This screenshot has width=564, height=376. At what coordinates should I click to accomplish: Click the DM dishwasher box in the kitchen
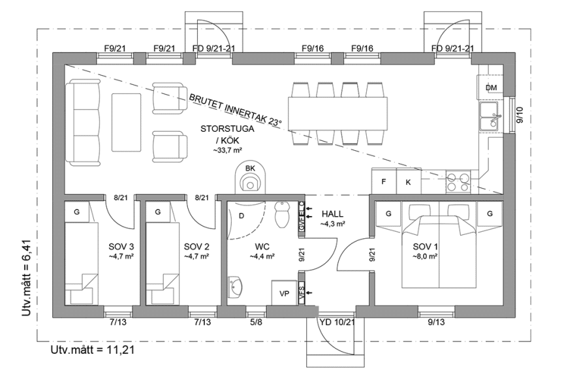pyautogui.click(x=492, y=88)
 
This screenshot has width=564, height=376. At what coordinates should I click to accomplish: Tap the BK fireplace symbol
pyautogui.click(x=250, y=178)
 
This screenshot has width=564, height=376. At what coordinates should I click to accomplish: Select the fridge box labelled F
pyautogui.click(x=384, y=181)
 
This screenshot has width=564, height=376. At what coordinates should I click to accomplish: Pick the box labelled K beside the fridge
pyautogui.click(x=409, y=181)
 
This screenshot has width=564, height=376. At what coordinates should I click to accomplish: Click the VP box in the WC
pyautogui.click(x=284, y=294)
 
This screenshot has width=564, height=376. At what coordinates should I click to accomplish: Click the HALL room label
pyautogui.click(x=332, y=214)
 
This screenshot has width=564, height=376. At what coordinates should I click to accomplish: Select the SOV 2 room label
pyautogui.click(x=196, y=247)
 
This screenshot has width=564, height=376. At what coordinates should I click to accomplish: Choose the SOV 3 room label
pyautogui.click(x=121, y=247)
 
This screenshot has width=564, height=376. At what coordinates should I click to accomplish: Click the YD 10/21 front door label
pyautogui.click(x=337, y=321)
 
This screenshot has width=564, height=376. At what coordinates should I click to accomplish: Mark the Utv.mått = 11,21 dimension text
pyautogui.click(x=93, y=351)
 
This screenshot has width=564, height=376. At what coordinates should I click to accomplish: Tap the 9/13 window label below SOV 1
pyautogui.click(x=436, y=321)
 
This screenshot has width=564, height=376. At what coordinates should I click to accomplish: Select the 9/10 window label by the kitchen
pyautogui.click(x=520, y=115)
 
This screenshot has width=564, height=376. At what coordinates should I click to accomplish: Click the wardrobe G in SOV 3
pyautogui.click(x=77, y=212)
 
